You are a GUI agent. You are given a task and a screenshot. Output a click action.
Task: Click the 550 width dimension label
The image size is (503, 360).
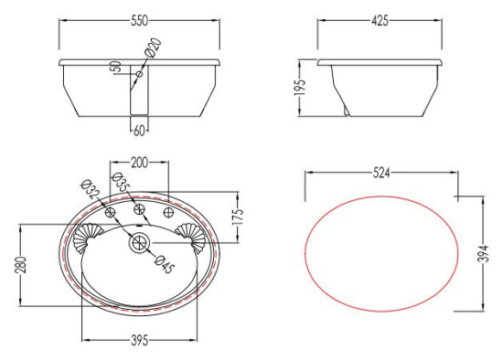tap(139, 21)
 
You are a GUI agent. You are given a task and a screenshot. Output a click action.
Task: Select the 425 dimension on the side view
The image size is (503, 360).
tap(380, 21)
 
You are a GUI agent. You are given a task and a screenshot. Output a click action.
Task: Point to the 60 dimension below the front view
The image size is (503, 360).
tap(139, 131)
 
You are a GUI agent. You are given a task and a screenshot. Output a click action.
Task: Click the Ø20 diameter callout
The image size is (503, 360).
tap(153, 48)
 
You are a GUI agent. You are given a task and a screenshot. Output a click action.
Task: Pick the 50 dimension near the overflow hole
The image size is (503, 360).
tap(115, 67)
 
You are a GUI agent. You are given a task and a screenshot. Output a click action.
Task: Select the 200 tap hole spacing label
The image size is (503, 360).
tap(139, 163)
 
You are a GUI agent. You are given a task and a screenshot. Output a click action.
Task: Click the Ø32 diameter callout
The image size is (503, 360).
tap(91, 189)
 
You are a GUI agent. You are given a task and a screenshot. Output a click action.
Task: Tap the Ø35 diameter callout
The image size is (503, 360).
tap(121, 182)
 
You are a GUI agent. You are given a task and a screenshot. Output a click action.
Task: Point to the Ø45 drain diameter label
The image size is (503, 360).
tap(165, 264)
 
